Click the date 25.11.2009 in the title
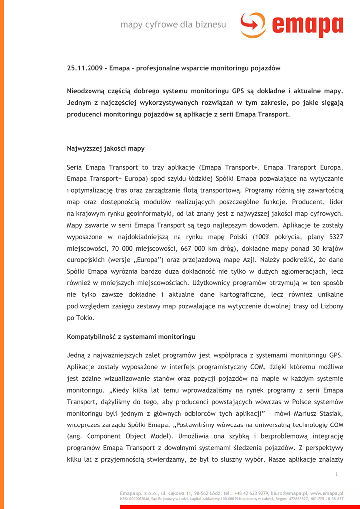(85, 68)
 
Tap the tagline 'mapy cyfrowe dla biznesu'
(173, 24)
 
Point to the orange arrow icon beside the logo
(253, 25)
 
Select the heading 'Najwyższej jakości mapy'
(105, 148)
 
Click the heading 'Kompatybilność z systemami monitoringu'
(131, 337)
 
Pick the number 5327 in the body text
(336, 237)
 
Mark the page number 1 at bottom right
(337, 474)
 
